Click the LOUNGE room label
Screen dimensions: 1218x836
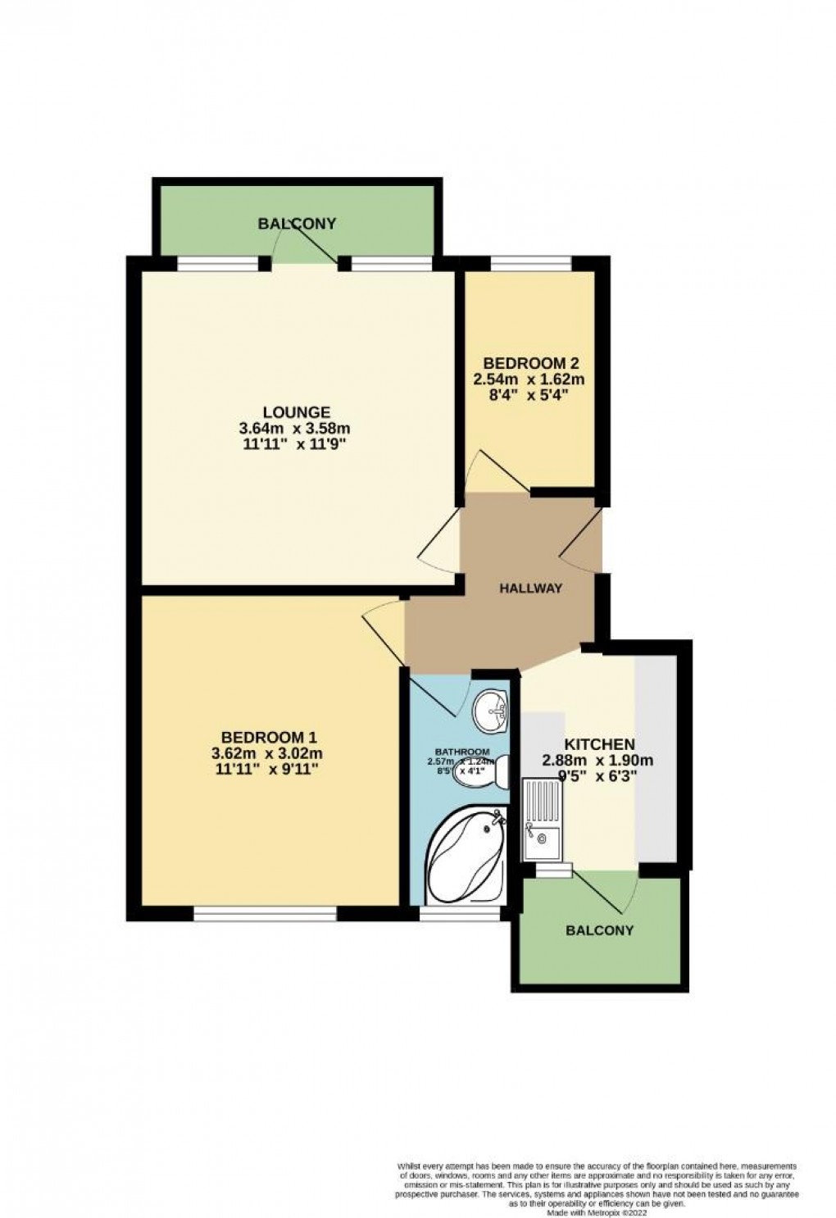[x=296, y=412]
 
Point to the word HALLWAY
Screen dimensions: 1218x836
[x=531, y=588]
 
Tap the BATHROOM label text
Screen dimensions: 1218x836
[x=462, y=752]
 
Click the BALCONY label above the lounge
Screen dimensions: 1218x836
[x=297, y=223]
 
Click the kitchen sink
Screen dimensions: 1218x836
[x=542, y=820]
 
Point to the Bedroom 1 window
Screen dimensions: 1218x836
[x=265, y=913]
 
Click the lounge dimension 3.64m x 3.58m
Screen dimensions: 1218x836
[x=296, y=428]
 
